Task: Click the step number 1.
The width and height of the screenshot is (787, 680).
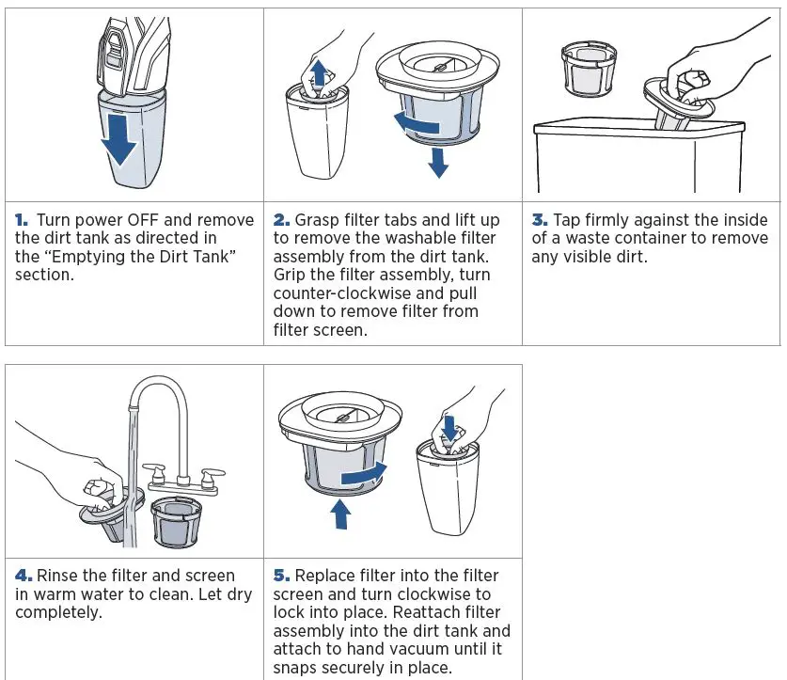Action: (x=22, y=220)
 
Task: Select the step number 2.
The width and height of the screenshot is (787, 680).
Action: (x=281, y=220)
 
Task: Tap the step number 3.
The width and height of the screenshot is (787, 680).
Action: (x=540, y=220)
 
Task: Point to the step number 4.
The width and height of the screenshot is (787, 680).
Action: (x=24, y=575)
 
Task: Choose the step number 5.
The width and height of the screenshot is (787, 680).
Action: (x=281, y=575)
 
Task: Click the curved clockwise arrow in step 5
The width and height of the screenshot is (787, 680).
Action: (x=364, y=474)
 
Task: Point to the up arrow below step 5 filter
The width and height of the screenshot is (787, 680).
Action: (x=341, y=514)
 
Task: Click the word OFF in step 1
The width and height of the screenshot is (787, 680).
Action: (x=144, y=220)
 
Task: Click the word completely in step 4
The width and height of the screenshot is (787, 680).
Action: (x=58, y=612)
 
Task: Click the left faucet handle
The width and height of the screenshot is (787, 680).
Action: (x=155, y=471)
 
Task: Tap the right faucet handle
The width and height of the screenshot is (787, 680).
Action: (x=212, y=474)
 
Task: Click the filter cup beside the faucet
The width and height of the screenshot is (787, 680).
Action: (x=176, y=522)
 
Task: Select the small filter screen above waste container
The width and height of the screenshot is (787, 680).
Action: (x=589, y=69)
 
